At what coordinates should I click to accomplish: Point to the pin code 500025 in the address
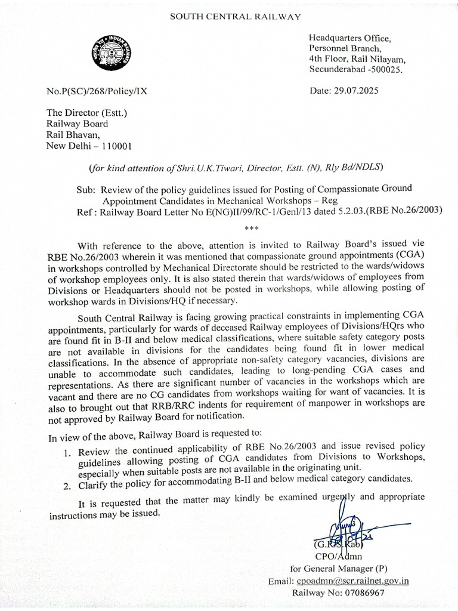(384, 70)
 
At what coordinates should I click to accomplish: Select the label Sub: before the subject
(86, 189)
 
